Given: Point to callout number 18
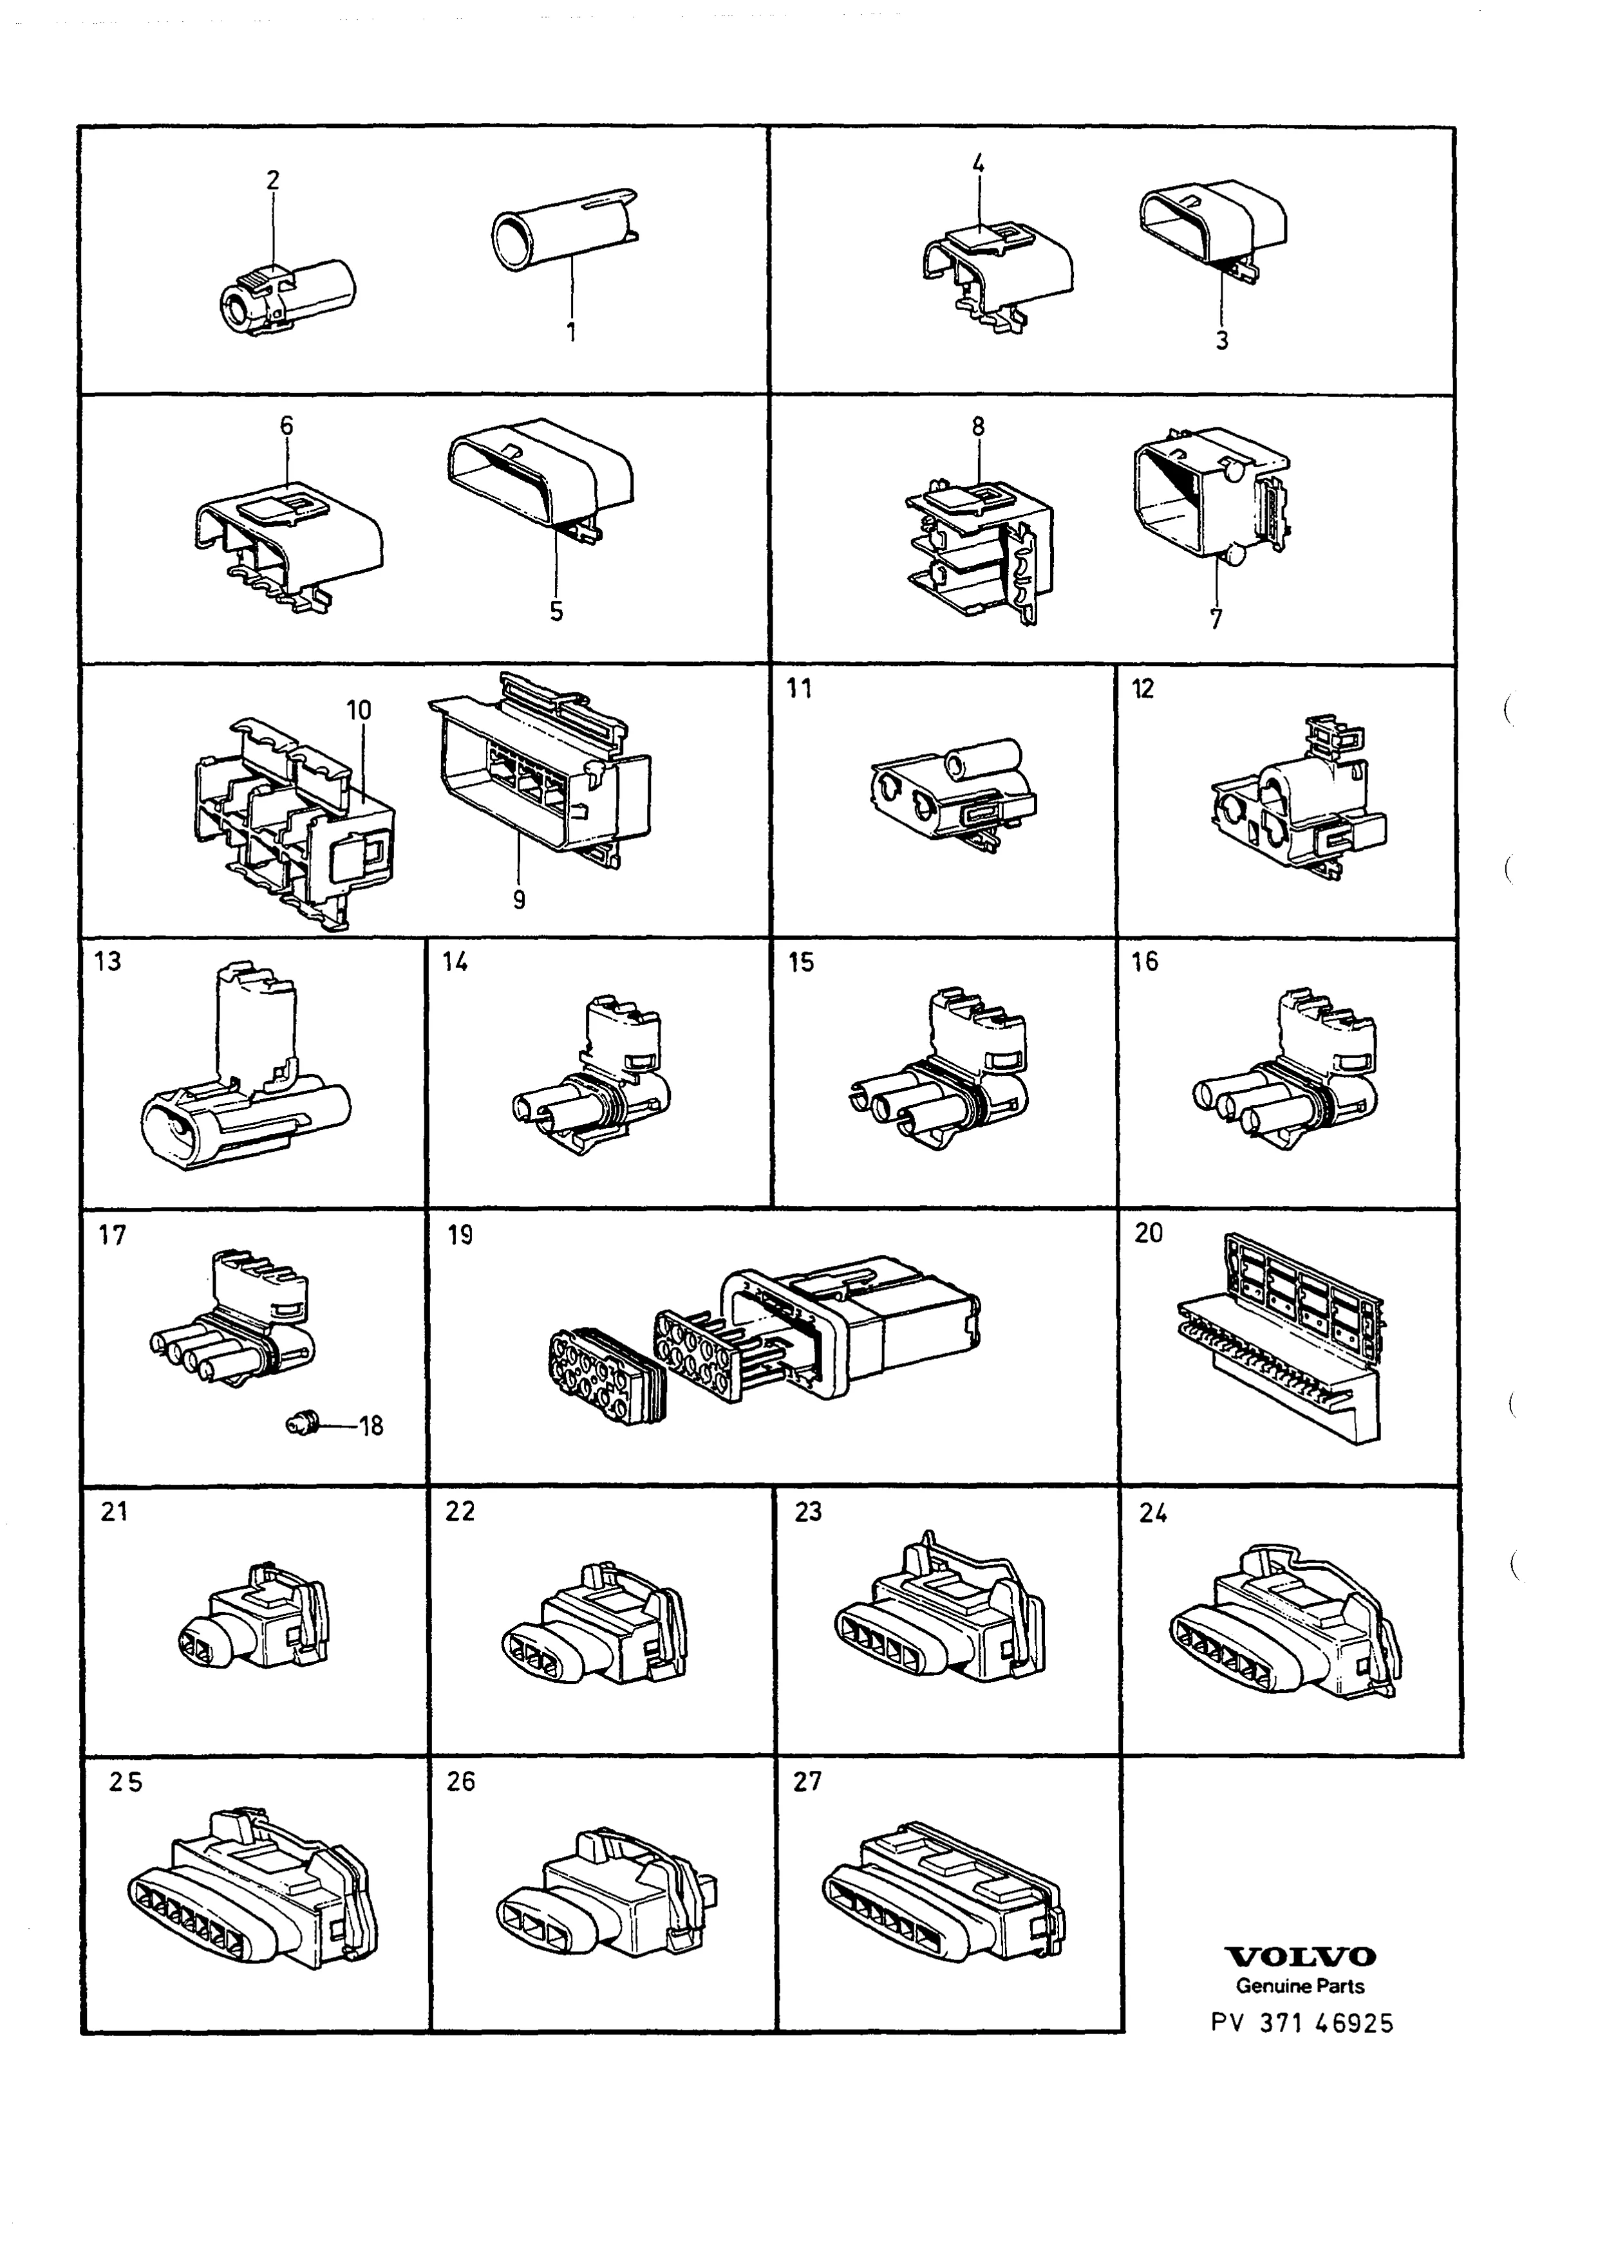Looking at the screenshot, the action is pyautogui.click(x=371, y=1425).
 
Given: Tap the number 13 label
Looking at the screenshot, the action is pyautogui.click(x=108, y=961).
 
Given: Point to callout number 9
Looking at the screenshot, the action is pyautogui.click(x=519, y=899).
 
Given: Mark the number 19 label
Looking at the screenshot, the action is pyautogui.click(x=460, y=1234).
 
